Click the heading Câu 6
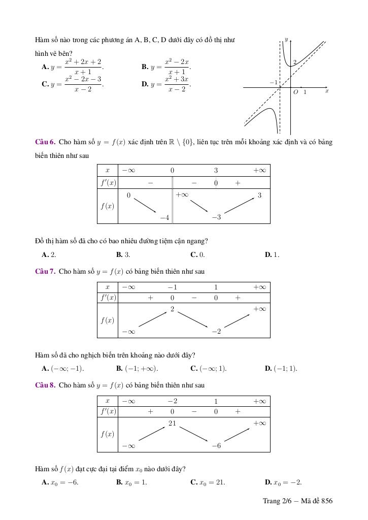tap(45, 142)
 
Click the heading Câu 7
tap(45, 272)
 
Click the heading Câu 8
tap(45, 385)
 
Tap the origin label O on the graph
tap(295, 92)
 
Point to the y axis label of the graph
tap(286, 39)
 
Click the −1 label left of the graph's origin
tap(274, 82)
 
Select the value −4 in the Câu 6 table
tap(164, 217)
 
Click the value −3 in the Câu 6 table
tap(216, 217)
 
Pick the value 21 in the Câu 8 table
tap(172, 423)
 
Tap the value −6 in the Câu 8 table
tap(216, 446)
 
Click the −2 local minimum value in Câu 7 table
tap(216, 332)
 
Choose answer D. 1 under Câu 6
tap(272, 255)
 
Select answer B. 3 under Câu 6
tap(123, 255)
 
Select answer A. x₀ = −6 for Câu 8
tap(60, 482)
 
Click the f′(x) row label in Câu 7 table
tap(108, 298)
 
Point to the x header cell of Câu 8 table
tap(108, 401)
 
